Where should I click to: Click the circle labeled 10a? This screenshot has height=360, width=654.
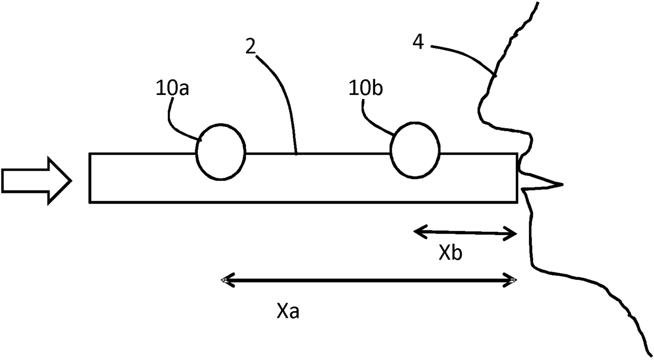tap(220, 152)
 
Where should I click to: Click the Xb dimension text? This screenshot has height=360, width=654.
tap(451, 254)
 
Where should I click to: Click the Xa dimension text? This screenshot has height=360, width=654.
tap(288, 312)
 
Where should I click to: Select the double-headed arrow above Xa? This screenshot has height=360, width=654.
tap(368, 280)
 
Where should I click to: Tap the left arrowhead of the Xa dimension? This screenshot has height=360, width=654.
tap(225, 280)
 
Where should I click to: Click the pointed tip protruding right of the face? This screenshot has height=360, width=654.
tap(559, 184)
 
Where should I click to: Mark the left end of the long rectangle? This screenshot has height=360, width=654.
tap(90, 178)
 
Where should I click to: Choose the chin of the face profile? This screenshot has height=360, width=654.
tap(535, 264)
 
